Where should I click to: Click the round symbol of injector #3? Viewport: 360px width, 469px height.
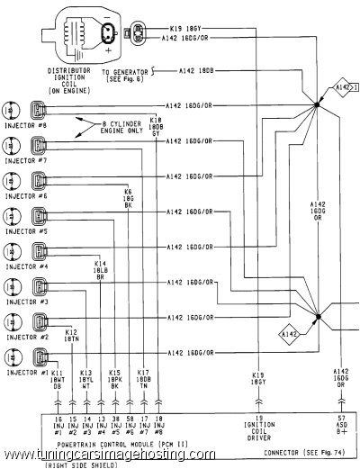click(x=13, y=288)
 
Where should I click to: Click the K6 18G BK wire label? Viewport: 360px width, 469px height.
click(x=129, y=198)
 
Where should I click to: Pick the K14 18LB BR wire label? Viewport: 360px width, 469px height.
click(x=101, y=268)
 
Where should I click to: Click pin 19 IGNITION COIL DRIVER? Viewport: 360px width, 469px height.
click(x=258, y=431)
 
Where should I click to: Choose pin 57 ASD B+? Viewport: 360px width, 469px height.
click(x=341, y=426)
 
